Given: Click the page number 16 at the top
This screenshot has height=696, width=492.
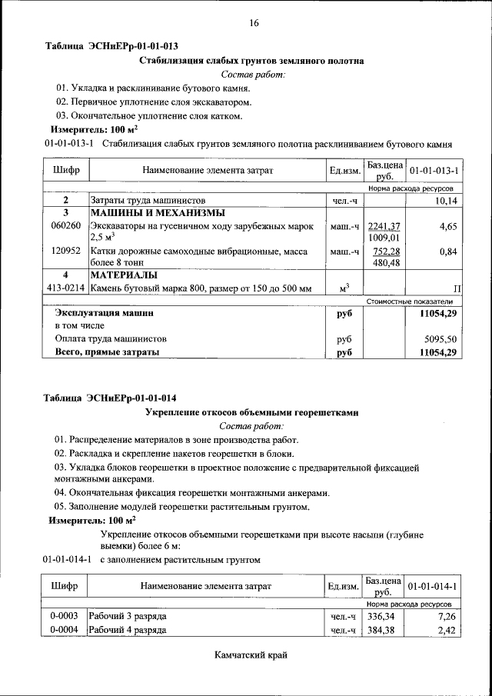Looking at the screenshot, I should [x=254, y=23].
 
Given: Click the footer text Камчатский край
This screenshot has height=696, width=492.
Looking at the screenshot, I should [x=253, y=655].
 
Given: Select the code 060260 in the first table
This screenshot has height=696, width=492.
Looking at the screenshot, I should [x=66, y=226].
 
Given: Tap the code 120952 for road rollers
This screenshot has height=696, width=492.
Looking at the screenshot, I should [x=66, y=251].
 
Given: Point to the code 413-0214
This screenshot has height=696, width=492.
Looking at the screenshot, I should [x=66, y=288].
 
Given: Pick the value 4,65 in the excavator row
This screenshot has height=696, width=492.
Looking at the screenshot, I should [x=448, y=226].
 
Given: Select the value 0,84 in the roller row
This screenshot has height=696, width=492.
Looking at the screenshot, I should [x=448, y=251].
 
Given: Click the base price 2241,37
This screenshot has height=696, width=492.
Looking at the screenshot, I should [x=384, y=225].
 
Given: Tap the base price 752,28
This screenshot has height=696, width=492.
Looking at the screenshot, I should [x=384, y=251].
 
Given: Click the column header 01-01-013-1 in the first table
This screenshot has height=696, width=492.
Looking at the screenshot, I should [x=434, y=169].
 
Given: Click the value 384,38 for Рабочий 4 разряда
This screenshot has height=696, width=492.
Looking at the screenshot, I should [x=383, y=631].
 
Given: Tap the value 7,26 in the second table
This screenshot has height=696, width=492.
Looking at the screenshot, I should [x=447, y=617].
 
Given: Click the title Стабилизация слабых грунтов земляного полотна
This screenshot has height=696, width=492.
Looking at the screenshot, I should [x=251, y=60].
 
